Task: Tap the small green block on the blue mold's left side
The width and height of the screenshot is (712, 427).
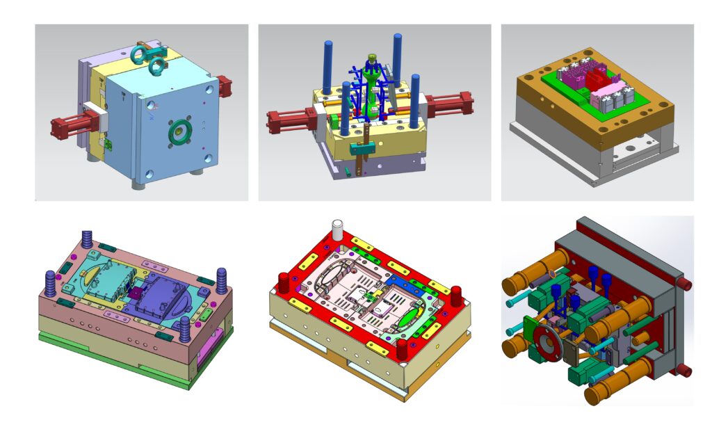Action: [108, 144]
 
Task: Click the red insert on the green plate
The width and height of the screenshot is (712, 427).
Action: [597, 79]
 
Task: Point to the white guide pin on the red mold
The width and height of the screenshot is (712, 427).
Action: [339, 229]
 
